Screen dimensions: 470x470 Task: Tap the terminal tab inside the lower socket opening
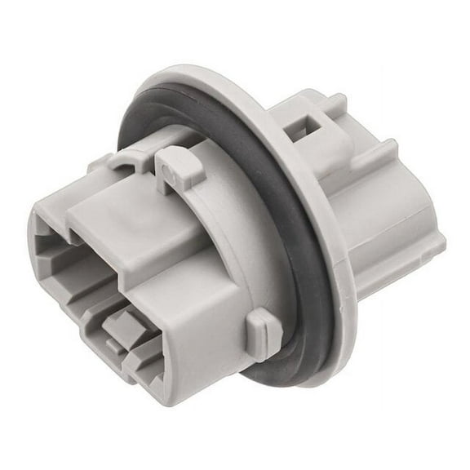pos(122,326)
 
